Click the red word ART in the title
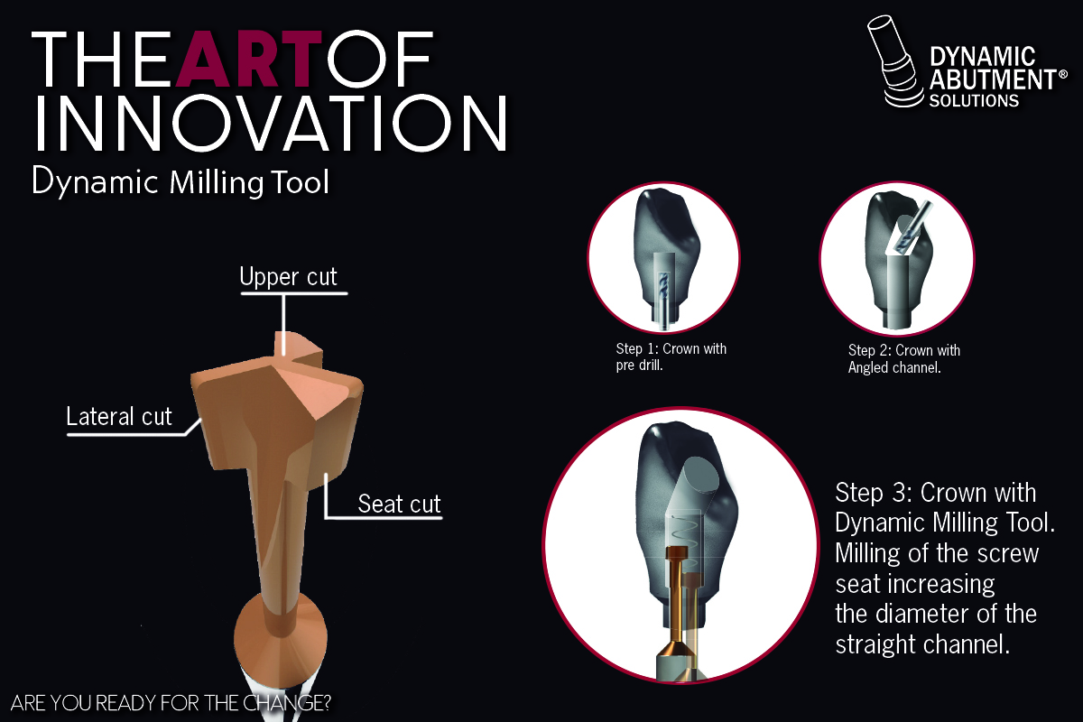click(249, 59)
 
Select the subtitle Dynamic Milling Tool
click(180, 182)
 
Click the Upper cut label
click(288, 276)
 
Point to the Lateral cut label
click(119, 416)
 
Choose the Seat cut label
click(399, 504)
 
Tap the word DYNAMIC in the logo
click(983, 57)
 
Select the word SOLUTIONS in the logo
click(974, 100)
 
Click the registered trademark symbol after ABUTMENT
click(1063, 75)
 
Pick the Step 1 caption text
click(671, 356)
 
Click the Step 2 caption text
click(904, 359)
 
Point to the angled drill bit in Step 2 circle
click(913, 227)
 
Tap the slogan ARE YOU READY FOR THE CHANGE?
click(171, 703)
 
